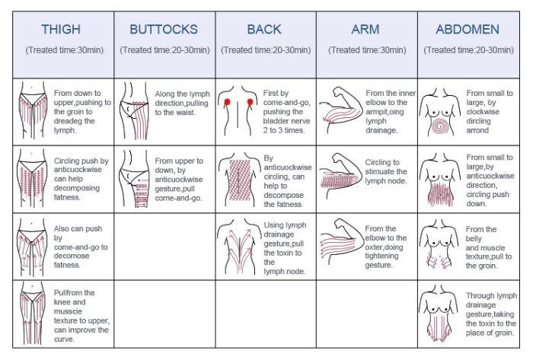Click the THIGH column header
click(x=61, y=30)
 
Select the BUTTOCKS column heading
click(x=164, y=30)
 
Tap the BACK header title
click(x=264, y=30)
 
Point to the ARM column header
click(x=365, y=30)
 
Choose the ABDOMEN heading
click(x=468, y=30)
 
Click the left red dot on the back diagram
click(x=227, y=101)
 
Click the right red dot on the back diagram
click(x=250, y=101)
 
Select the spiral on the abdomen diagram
click(x=440, y=126)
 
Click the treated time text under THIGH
click(x=65, y=50)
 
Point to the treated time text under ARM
click(x=367, y=50)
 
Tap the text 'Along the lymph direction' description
click(x=182, y=103)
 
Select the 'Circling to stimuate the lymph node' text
click(x=386, y=171)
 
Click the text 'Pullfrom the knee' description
click(x=81, y=316)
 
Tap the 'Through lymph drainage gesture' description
click(x=491, y=314)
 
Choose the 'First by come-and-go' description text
click(x=286, y=112)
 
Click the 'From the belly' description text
click(x=489, y=247)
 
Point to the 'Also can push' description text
click(x=81, y=247)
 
